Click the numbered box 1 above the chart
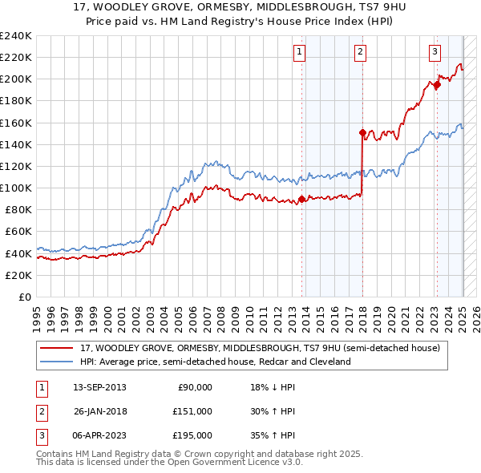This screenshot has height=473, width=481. coord(299,52)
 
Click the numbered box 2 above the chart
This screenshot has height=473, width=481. coord(360,52)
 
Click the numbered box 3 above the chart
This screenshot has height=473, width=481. coord(435,52)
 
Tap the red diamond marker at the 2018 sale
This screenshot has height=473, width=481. coord(362,132)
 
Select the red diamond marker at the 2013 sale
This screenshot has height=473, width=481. coord(301,199)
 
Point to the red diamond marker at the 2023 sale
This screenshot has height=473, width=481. coord(437,84)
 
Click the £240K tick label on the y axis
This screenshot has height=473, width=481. coord(16,35)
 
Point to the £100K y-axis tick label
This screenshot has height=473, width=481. coord(16,188)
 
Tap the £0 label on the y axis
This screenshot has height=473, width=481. coord(25,297)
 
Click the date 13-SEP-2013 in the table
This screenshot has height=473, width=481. coord(99,388)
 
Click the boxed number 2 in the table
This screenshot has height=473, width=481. coord(40,411)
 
